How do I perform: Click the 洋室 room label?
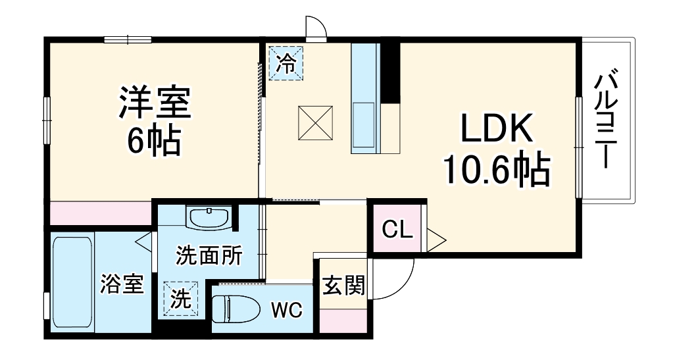click(x=155, y=102)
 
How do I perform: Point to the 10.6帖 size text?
click(x=495, y=170)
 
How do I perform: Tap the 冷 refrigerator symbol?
click(x=286, y=63)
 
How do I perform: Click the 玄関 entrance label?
click(x=343, y=286)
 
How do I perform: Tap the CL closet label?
click(x=397, y=230)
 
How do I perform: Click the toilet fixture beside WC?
click(x=239, y=308)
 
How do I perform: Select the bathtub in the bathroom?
click(x=72, y=283)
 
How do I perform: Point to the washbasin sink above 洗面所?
click(x=208, y=217)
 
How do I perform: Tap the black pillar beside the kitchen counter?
click(x=391, y=72)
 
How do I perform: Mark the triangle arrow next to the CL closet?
click(x=436, y=238)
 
